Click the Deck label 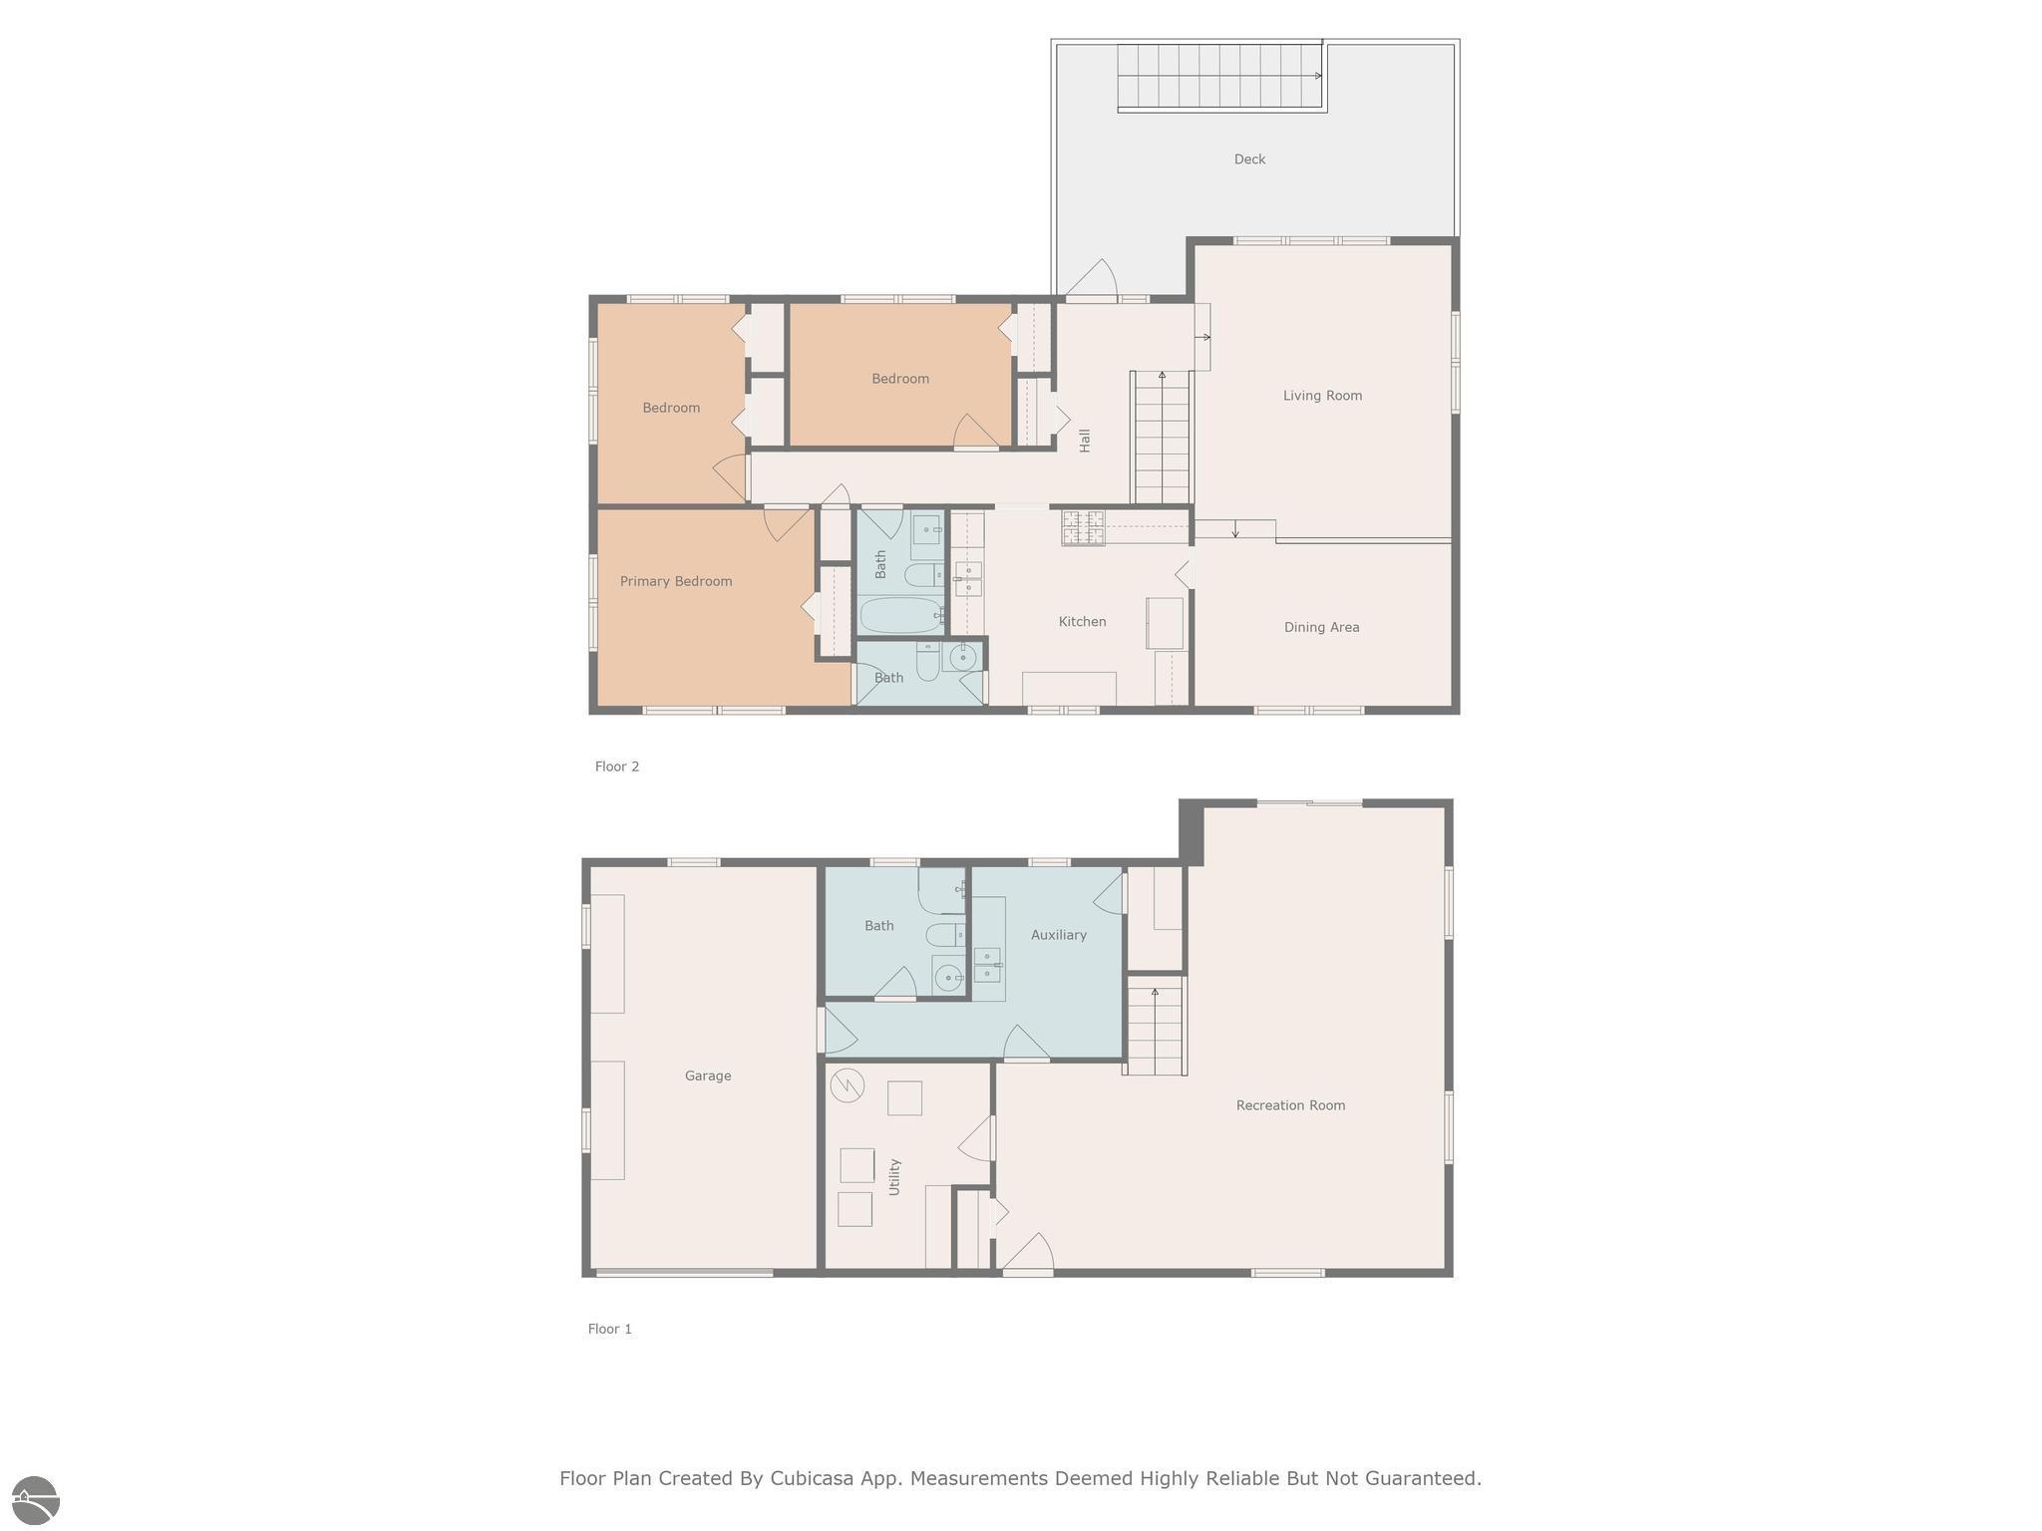[x=1249, y=159]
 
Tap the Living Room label [x=1322, y=396]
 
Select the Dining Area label [x=1321, y=627]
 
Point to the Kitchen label [x=1082, y=622]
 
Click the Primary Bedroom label [x=676, y=581]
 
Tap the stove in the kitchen [x=1083, y=527]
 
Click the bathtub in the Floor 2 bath [x=900, y=615]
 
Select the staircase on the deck [x=1219, y=77]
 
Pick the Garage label [x=708, y=1075]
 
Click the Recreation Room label [x=1290, y=1105]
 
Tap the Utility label [x=894, y=1177]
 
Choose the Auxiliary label [x=1059, y=935]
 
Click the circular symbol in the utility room [x=847, y=1085]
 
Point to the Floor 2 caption [x=617, y=766]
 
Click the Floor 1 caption [x=610, y=1329]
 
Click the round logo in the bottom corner [x=35, y=1500]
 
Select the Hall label [x=1085, y=440]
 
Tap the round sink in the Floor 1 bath [x=947, y=976]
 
